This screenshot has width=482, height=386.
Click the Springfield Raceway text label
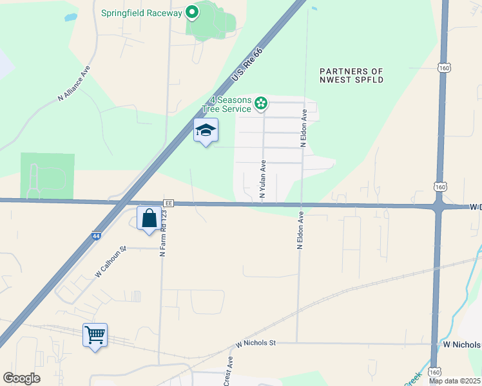click(x=142, y=13)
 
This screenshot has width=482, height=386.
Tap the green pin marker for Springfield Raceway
click(x=191, y=12)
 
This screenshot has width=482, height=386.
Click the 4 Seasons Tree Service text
click(x=230, y=104)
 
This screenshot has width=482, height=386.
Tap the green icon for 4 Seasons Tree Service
click(x=260, y=103)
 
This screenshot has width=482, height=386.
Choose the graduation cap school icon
click(x=206, y=131)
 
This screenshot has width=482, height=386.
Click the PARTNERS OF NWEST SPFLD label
click(x=352, y=75)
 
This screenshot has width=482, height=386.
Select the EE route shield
click(x=169, y=203)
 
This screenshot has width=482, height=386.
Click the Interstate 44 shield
click(x=96, y=236)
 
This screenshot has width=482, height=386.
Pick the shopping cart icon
click(x=95, y=335)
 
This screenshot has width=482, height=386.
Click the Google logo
click(x=22, y=378)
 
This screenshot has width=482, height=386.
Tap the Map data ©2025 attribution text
click(x=454, y=381)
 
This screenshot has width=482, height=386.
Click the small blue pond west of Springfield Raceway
click(x=70, y=17)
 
